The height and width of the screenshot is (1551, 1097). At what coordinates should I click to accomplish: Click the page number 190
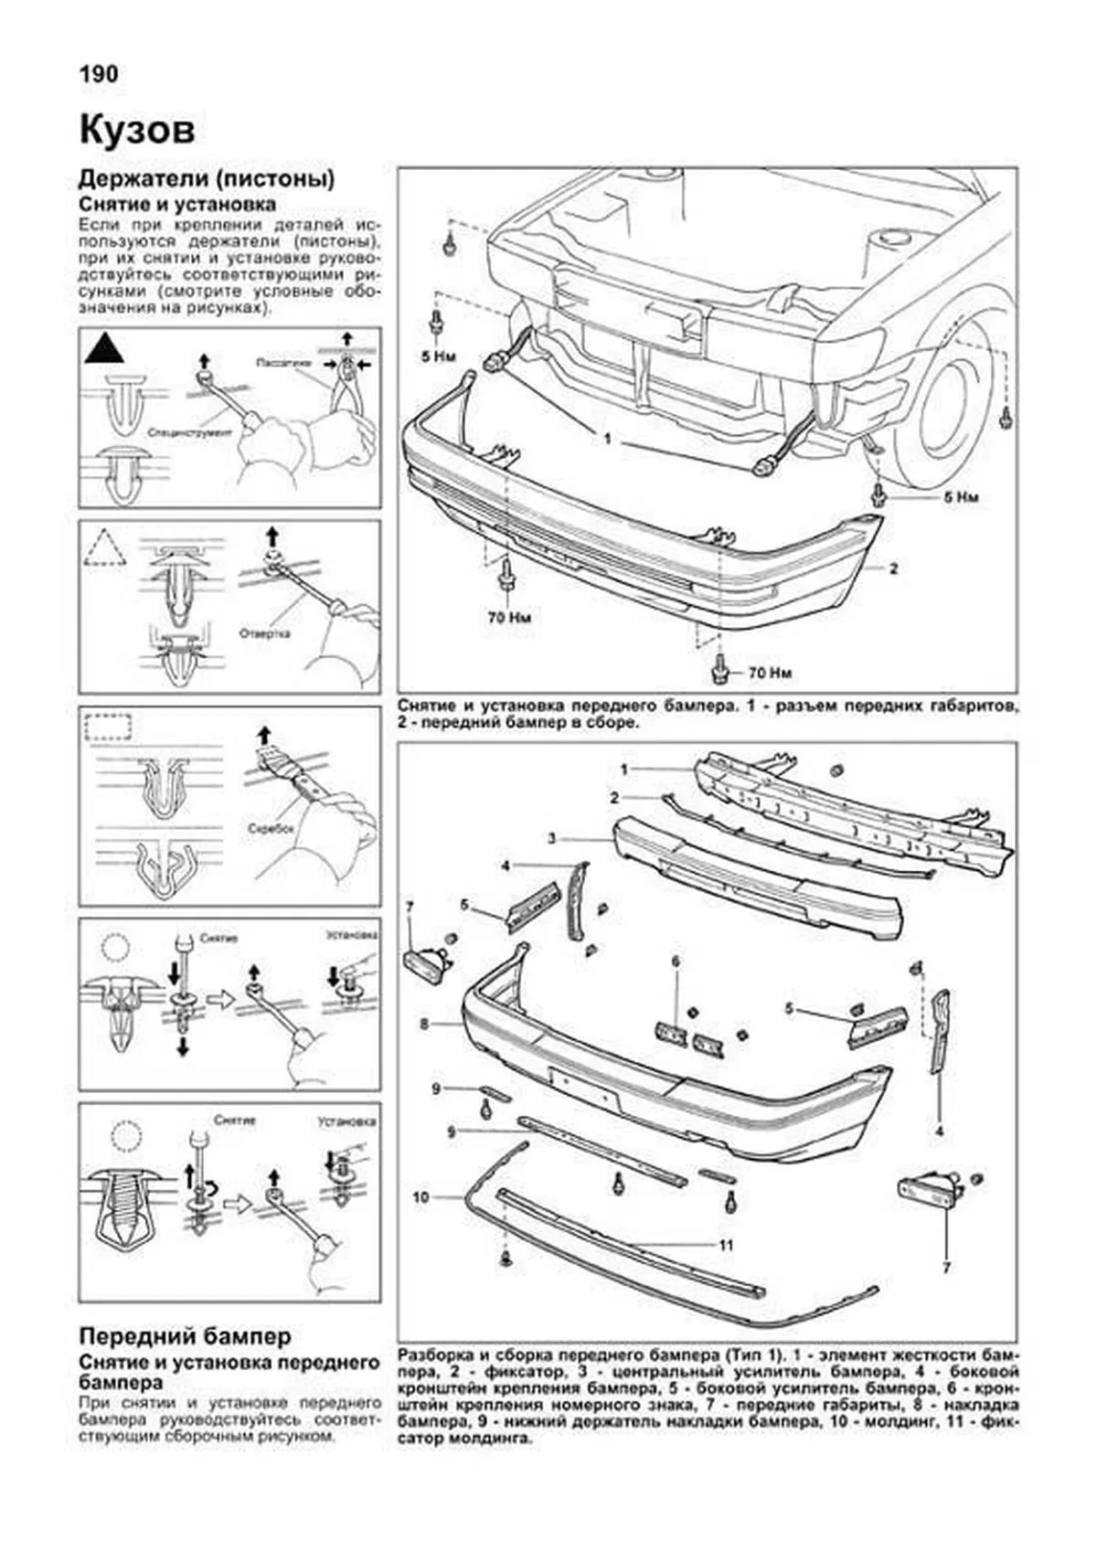click(x=98, y=74)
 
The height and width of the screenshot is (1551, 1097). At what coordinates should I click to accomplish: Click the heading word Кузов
click(x=137, y=131)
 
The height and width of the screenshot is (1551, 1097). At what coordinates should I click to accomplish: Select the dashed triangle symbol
click(x=105, y=548)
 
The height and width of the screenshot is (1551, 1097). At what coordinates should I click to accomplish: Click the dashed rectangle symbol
click(x=108, y=728)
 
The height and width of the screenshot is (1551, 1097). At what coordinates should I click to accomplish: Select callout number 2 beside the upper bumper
click(x=893, y=568)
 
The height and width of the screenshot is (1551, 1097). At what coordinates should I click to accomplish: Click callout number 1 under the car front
click(x=606, y=439)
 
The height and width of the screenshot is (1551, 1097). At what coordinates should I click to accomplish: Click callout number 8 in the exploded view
click(x=424, y=1025)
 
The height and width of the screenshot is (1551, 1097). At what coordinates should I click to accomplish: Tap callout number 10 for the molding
click(x=421, y=1196)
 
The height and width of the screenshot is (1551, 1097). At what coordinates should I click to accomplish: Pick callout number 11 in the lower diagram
click(x=726, y=1245)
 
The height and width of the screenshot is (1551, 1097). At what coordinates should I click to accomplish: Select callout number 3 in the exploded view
click(x=552, y=837)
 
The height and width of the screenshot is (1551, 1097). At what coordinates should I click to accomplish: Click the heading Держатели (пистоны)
click(x=207, y=178)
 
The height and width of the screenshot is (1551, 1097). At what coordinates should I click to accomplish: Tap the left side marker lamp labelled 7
click(x=426, y=964)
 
